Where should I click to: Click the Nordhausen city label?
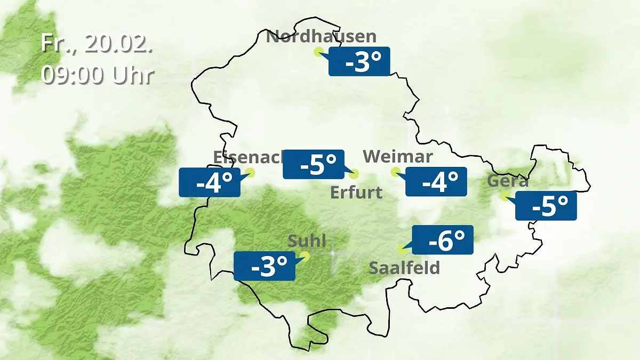(321, 37)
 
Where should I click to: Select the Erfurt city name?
(356, 192)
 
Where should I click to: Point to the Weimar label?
(397, 157)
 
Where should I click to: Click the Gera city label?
(508, 181)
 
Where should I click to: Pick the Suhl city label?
(307, 241)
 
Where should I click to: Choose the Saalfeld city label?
(404, 267)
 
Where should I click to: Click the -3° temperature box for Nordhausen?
(359, 62)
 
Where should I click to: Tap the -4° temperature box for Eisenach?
(210, 183)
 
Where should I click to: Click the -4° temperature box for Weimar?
(436, 182)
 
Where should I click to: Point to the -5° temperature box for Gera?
(547, 206)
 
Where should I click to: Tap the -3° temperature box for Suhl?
(265, 266)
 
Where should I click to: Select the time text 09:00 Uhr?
(97, 75)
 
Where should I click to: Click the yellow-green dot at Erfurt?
(354, 173)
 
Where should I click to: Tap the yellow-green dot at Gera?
(503, 196)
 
